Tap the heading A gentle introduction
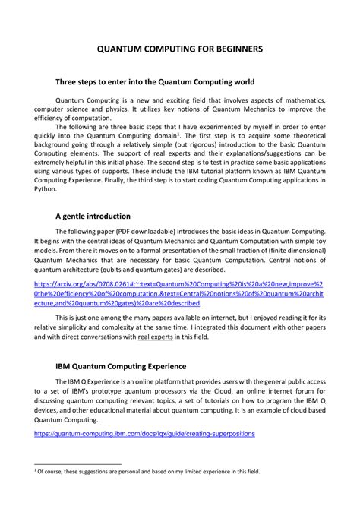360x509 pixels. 94,216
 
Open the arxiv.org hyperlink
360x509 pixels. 180,291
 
